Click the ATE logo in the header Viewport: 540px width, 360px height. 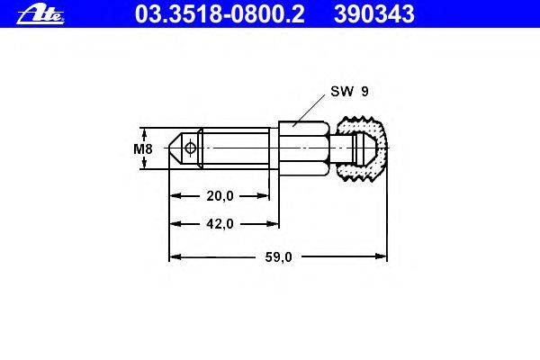pyautogui.click(x=40, y=14)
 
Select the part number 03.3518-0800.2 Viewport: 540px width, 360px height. pyautogui.click(x=220, y=14)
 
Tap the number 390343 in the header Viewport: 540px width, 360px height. pyautogui.click(x=374, y=14)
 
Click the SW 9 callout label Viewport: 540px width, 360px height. pyautogui.click(x=349, y=91)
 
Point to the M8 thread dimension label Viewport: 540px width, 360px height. pyautogui.click(x=143, y=148)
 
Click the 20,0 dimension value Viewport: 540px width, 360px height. pyautogui.click(x=220, y=196)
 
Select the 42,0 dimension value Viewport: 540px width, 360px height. pyautogui.click(x=220, y=224)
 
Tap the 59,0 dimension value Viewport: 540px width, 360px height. pyautogui.click(x=278, y=257)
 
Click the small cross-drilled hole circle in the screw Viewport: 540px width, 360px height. pyautogui.click(x=190, y=148)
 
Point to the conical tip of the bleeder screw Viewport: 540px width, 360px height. pyautogui.click(x=175, y=148)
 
